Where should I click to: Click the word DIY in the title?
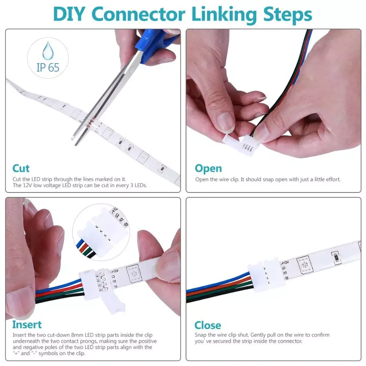click(x=69, y=14)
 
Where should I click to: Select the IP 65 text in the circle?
click(x=48, y=67)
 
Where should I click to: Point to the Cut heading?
click(x=21, y=168)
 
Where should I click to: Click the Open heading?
click(x=208, y=169)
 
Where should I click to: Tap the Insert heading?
click(x=27, y=324)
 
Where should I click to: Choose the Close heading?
click(x=208, y=325)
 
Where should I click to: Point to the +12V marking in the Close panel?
click(x=284, y=262)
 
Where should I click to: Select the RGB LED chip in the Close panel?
click(x=305, y=265)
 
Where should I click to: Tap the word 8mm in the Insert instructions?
click(x=77, y=335)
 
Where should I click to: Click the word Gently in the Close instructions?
click(x=258, y=335)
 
